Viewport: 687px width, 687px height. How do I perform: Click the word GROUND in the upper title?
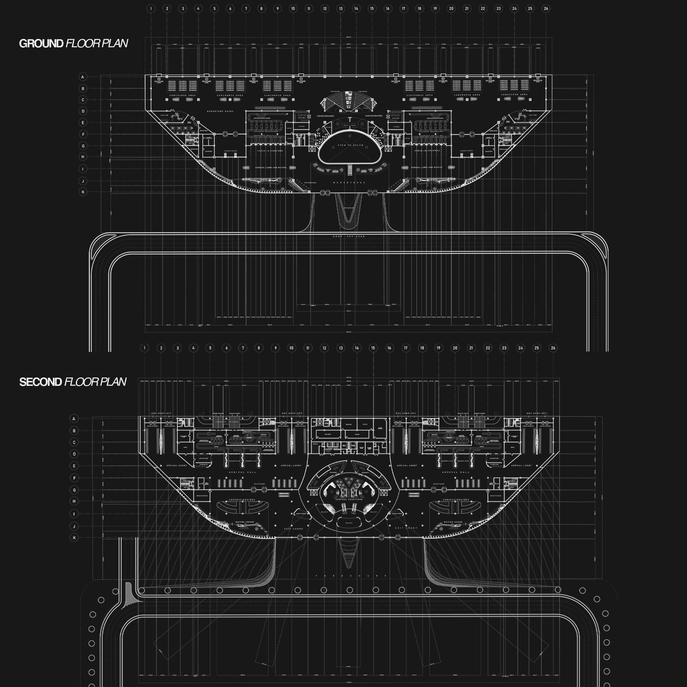(41, 43)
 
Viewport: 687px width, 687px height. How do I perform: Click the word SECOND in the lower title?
(40, 382)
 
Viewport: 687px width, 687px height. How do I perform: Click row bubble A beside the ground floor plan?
(83, 77)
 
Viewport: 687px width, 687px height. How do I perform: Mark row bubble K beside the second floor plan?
(74, 538)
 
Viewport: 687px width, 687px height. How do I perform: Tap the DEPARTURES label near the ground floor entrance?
(349, 182)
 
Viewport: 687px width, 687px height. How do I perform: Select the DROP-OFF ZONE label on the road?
(349, 236)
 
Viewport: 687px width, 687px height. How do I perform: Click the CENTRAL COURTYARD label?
(349, 499)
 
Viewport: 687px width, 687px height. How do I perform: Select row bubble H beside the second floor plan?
(74, 501)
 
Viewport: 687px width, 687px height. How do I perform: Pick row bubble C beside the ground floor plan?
(83, 100)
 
